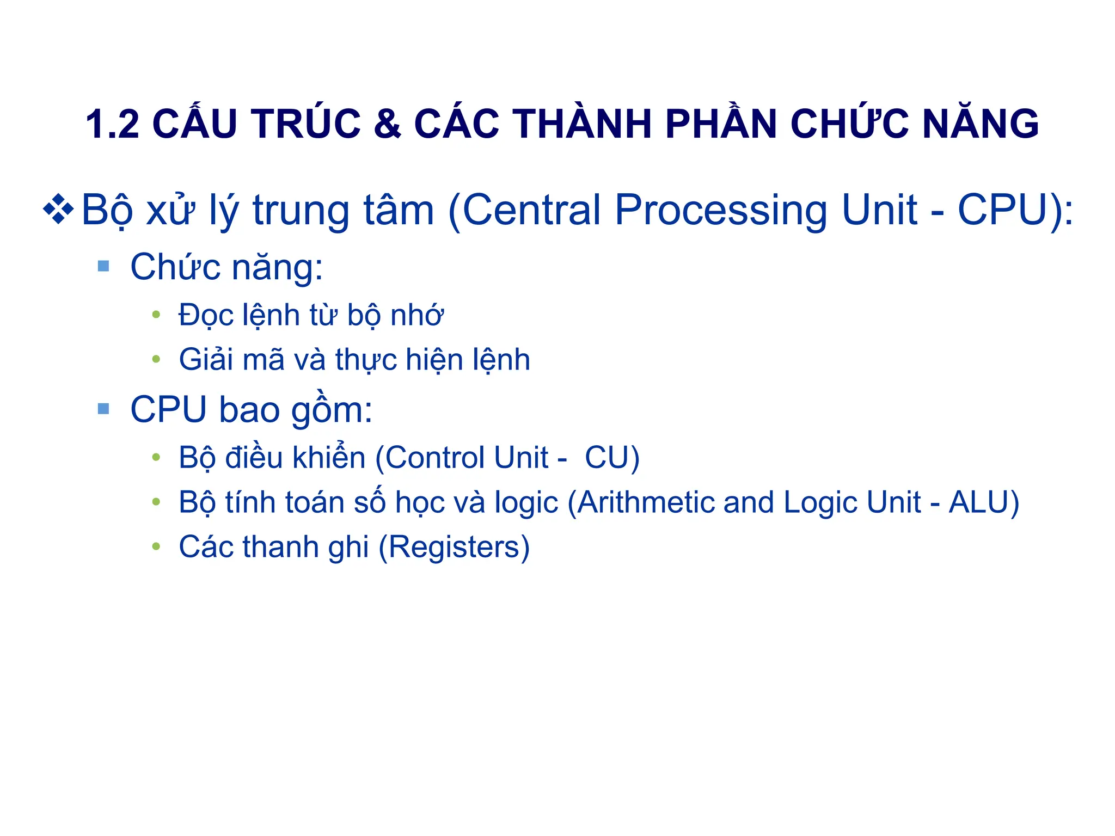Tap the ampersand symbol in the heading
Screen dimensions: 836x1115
[x=387, y=124]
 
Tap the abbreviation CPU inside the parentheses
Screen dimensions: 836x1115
[x=1002, y=210]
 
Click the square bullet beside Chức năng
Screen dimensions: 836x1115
[x=103, y=266]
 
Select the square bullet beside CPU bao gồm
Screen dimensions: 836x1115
[x=103, y=409]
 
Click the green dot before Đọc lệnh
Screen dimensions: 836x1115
[x=156, y=315]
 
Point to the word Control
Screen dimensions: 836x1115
[x=436, y=458]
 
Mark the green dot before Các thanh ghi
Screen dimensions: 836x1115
[x=156, y=546]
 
